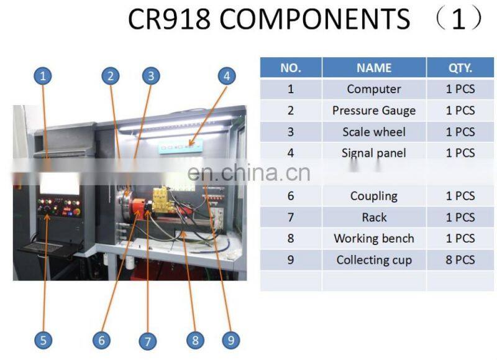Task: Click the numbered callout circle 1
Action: (x=42, y=76)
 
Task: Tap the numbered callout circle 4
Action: (x=227, y=76)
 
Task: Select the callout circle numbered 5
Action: (x=42, y=339)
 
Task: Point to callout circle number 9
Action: (x=230, y=339)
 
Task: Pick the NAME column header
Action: (x=374, y=68)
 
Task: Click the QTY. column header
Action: (x=460, y=68)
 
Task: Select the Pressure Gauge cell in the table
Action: (x=374, y=111)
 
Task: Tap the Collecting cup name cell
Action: (x=374, y=260)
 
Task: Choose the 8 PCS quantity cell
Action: (x=460, y=260)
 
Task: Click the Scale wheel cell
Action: (x=374, y=132)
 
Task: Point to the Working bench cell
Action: (x=374, y=239)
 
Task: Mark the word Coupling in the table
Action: (x=374, y=196)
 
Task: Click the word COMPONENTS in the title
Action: (x=315, y=20)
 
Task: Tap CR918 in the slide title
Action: (x=168, y=20)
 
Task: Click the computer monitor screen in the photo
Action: (x=60, y=183)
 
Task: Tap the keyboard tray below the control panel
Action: (x=42, y=248)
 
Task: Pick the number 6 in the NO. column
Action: (x=290, y=196)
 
